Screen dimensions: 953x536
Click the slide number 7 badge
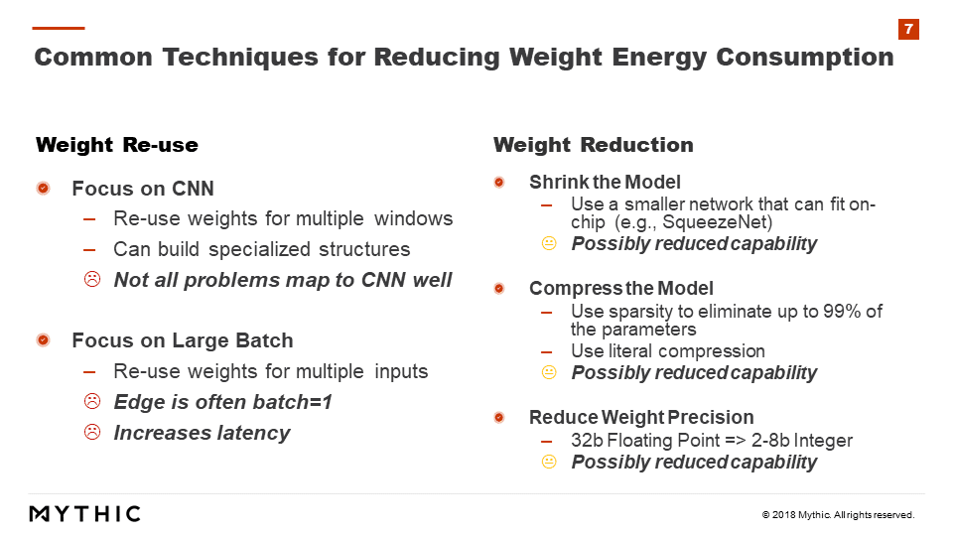[908, 29]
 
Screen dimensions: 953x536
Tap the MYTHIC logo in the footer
[85, 514]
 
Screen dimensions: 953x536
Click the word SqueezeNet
[717, 222]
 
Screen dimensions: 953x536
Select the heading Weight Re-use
[117, 145]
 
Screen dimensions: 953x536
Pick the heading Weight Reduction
[594, 145]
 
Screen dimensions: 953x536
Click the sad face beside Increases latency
[92, 432]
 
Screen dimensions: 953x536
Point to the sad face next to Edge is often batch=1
[92, 401]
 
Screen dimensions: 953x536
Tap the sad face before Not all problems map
[92, 279]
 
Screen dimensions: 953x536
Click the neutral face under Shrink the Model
[549, 244]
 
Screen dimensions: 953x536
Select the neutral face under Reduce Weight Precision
[549, 462]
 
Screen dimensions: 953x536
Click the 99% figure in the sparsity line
[842, 311]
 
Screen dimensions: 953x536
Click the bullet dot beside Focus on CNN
[43, 189]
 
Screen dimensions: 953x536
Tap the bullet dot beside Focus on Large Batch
[43, 340]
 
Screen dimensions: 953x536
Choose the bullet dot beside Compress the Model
[499, 288]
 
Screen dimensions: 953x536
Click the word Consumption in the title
[805, 58]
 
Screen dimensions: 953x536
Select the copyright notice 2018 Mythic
[838, 515]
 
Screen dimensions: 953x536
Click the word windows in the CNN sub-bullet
[413, 218]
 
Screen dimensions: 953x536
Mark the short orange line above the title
[59, 28]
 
